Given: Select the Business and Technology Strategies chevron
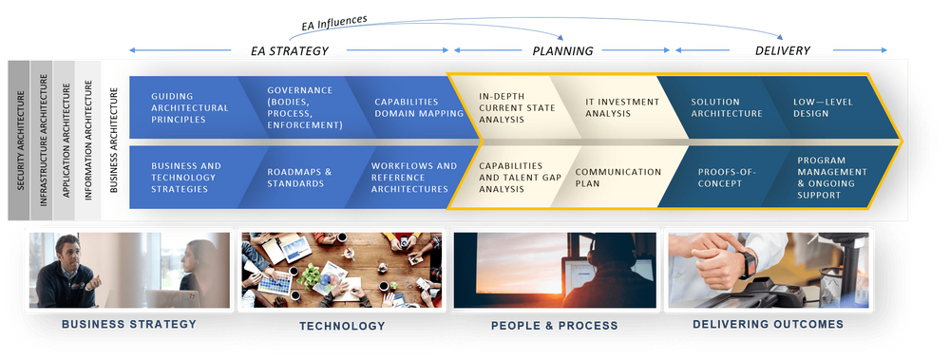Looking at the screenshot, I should [186, 178].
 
